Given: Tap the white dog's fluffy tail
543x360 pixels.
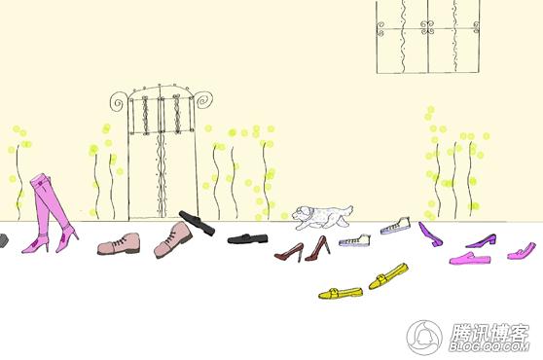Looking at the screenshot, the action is click(x=347, y=210).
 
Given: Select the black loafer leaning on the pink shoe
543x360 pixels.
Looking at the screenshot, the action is click(x=197, y=223).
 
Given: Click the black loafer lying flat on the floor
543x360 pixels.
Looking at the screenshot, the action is click(x=247, y=238).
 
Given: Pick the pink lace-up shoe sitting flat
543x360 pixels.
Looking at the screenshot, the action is click(x=119, y=243).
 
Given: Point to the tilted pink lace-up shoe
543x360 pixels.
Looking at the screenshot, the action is click(x=173, y=240).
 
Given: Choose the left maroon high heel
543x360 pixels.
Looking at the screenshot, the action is click(x=289, y=252).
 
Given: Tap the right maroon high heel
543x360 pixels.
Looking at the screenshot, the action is click(x=317, y=248).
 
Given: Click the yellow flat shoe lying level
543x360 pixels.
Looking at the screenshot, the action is click(x=341, y=293).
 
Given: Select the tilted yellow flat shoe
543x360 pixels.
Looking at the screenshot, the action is click(x=388, y=276).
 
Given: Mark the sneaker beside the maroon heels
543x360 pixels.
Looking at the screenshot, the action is click(x=354, y=240).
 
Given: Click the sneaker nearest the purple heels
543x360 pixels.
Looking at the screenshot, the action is click(x=395, y=226).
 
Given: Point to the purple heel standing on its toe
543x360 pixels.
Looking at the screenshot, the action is click(x=430, y=234).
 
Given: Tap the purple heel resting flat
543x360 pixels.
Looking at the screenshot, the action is click(x=482, y=241).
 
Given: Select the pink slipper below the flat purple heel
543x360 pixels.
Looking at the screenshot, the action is click(x=470, y=259).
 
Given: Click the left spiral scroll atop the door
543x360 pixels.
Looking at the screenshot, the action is click(x=119, y=101).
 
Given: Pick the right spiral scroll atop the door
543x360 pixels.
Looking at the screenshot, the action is click(x=203, y=99).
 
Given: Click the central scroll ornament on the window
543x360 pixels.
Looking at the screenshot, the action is click(x=427, y=27).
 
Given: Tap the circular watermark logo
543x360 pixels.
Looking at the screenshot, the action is click(x=424, y=338).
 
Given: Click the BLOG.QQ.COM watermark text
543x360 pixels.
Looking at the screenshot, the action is click(x=489, y=346).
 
